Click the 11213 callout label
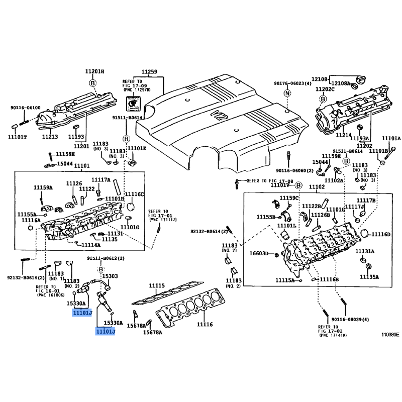click(x=50, y=137)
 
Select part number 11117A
click(x=100, y=179)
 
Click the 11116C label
click(x=134, y=194)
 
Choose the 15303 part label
click(x=110, y=276)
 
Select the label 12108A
click(x=340, y=83)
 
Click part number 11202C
click(x=325, y=89)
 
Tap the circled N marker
click(x=287, y=93)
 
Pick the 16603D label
click(x=259, y=253)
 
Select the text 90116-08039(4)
click(x=350, y=319)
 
